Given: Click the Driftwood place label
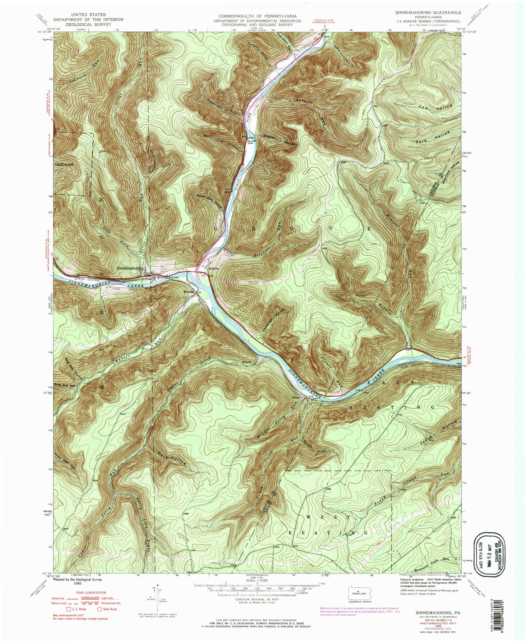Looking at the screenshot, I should tap(64, 164).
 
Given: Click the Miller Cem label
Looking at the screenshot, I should tap(253, 142).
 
